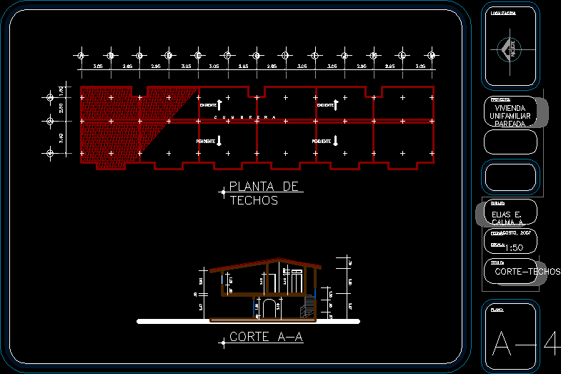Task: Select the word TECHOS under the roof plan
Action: coord(254,201)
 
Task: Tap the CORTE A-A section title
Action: coord(267,337)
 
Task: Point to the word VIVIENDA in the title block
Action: coord(515,108)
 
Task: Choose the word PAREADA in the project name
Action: coord(510,124)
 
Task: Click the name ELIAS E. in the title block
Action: coord(507,215)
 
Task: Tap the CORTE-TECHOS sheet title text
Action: coord(527,272)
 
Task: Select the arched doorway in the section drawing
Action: coord(269,308)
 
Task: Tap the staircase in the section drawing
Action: coord(309,305)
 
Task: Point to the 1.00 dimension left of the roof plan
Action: coord(61,91)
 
